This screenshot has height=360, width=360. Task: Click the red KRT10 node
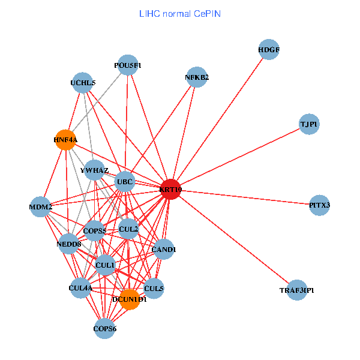[170, 190]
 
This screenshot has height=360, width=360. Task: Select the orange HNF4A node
[65, 140]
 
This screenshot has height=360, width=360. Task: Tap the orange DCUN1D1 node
[130, 299]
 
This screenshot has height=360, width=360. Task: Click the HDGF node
[269, 49]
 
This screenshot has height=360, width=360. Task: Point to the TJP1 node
[309, 124]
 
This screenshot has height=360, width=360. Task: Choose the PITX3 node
[320, 205]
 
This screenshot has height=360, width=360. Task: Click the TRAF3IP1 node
[297, 290]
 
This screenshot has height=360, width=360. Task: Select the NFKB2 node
[197, 77]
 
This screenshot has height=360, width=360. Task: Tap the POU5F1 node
[128, 64]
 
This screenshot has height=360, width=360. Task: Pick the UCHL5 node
[83, 83]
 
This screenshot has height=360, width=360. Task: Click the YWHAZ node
[95, 170]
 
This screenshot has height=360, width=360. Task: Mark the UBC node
[125, 181]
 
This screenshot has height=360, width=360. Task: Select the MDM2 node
[41, 207]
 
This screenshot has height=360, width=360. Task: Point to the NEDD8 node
[69, 244]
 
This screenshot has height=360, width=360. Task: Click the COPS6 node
[105, 328]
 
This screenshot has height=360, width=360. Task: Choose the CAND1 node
[164, 249]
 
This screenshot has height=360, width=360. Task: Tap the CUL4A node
[80, 289]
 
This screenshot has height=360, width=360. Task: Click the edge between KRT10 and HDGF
[220, 119]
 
